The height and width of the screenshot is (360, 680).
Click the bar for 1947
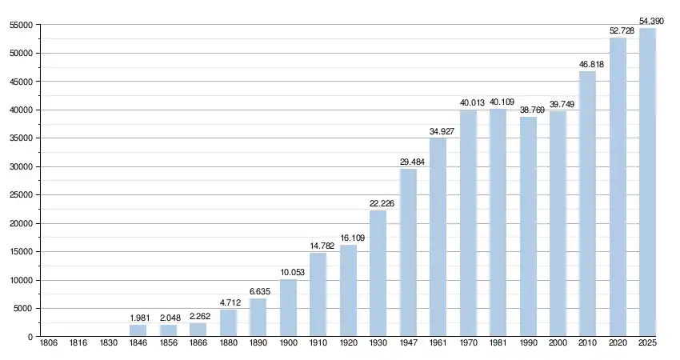(408, 253)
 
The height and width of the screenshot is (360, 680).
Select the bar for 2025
(648, 182)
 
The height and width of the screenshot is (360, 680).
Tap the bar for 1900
(288, 308)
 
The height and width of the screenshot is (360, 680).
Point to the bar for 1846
(138, 330)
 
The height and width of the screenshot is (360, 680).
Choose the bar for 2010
(588, 204)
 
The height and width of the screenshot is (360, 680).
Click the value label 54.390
(650, 21)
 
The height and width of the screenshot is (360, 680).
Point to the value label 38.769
(528, 110)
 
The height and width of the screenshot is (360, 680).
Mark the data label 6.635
(258, 292)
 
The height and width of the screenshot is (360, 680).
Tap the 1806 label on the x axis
(48, 343)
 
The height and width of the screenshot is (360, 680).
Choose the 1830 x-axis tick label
(108, 343)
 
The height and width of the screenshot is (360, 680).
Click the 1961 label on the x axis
(438, 343)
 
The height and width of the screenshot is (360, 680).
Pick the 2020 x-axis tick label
(618, 343)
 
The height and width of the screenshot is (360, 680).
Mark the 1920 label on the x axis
(348, 343)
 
